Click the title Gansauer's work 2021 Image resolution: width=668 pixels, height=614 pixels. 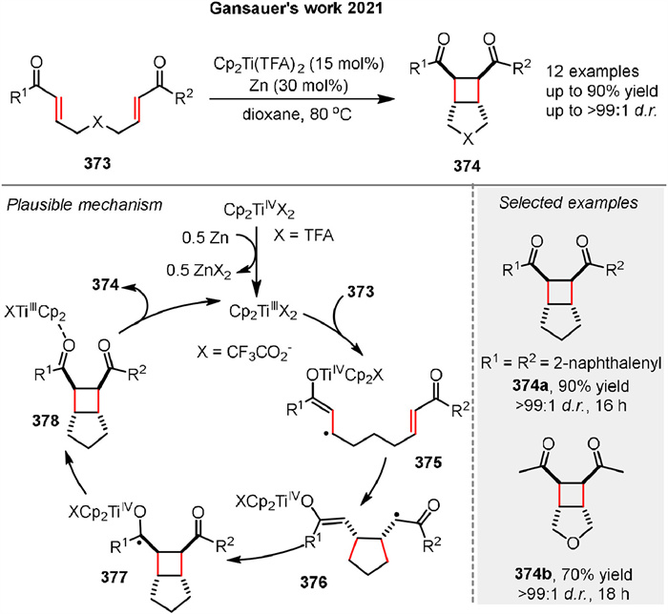[334, 11]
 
